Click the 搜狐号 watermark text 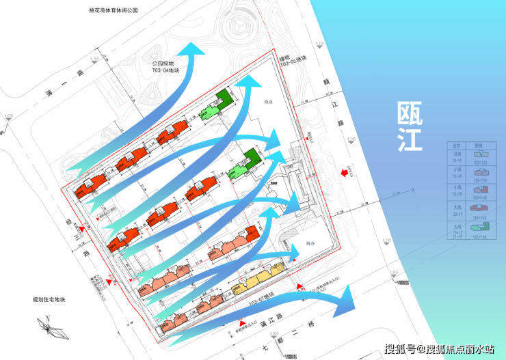[x=399, y=349]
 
